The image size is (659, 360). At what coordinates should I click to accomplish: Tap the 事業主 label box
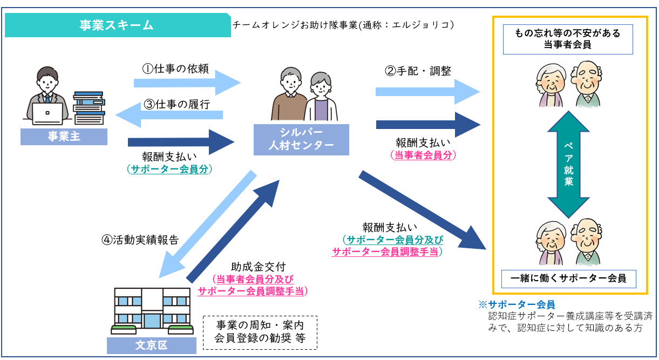(x=64, y=137)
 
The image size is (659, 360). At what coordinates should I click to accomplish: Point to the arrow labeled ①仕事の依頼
(x=186, y=83)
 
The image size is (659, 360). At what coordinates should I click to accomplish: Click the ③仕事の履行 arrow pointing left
(x=169, y=114)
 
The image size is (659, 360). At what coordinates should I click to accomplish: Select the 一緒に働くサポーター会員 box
(x=568, y=279)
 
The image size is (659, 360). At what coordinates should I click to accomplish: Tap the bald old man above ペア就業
(x=586, y=84)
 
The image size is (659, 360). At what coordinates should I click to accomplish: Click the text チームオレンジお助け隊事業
(x=295, y=25)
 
